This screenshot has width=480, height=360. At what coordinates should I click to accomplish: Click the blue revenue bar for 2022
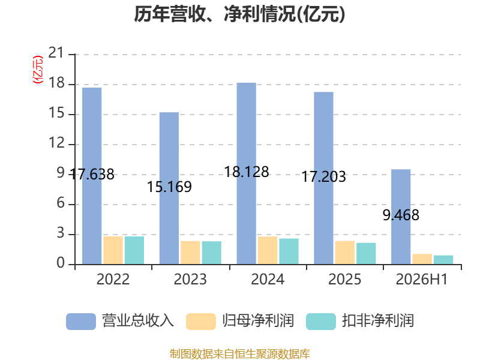92,176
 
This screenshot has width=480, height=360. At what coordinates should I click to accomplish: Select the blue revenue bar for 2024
247,173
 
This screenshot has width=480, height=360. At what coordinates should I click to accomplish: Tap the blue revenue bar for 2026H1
401,217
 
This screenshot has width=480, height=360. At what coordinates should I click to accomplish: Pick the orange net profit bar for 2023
190,253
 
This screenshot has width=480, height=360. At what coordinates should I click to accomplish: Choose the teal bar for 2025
366,253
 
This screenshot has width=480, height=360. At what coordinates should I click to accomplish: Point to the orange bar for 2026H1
422,259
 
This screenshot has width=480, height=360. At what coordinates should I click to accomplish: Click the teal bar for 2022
134,250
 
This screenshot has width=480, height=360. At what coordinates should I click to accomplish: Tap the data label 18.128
247,172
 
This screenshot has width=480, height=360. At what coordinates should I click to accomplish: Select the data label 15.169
169,187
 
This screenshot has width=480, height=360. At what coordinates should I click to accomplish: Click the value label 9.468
401,215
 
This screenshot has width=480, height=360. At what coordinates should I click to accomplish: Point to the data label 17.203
323,176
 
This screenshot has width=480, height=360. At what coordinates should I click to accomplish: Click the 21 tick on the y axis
56,53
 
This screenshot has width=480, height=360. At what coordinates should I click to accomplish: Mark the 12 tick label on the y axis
56,143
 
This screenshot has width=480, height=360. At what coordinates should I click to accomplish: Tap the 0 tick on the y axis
61,263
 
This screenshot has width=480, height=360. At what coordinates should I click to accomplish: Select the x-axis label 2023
190,279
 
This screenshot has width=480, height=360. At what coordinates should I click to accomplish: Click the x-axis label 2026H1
422,279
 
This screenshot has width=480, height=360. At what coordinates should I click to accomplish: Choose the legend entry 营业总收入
120,321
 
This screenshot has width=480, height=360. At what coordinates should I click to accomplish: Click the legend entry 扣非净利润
360,321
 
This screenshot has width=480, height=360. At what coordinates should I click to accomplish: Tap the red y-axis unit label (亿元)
38,70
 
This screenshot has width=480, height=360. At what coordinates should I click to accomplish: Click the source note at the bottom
240,353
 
